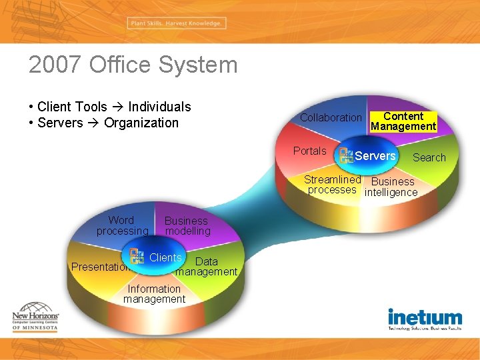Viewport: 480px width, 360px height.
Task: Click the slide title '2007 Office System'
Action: pyautogui.click(x=133, y=65)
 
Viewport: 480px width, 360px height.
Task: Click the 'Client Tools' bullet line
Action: pyautogui.click(x=110, y=107)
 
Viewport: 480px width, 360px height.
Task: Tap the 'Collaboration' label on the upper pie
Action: pyautogui.click(x=331, y=117)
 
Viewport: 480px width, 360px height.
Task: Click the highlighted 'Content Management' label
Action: pyautogui.click(x=403, y=121)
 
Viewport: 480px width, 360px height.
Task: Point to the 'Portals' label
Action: pyautogui.click(x=310, y=151)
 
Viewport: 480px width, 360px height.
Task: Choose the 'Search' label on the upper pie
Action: pyautogui.click(x=429, y=157)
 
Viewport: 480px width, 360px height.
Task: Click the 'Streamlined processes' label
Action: pyautogui.click(x=332, y=185)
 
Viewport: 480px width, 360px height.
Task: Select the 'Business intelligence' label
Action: pyautogui.click(x=391, y=187)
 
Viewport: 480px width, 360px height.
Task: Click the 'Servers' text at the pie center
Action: pyautogui.click(x=375, y=156)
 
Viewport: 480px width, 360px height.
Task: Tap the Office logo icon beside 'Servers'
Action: pyautogui.click(x=346, y=156)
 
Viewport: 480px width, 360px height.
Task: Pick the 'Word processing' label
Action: pyautogui.click(x=122, y=225)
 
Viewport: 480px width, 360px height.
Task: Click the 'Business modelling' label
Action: pyautogui.click(x=187, y=226)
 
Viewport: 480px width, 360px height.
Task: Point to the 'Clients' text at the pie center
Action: pyautogui.click(x=165, y=257)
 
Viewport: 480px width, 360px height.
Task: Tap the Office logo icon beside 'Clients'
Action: pyautogui.click(x=137, y=257)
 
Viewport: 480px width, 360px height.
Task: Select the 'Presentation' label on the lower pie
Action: pyautogui.click(x=100, y=267)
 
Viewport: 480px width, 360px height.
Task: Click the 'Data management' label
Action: pyautogui.click(x=207, y=267)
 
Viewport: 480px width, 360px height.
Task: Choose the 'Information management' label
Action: pyautogui.click(x=154, y=294)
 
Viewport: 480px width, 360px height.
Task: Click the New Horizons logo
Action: pyautogui.click(x=35, y=320)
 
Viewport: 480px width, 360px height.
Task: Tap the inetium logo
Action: pyautogui.click(x=425, y=319)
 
